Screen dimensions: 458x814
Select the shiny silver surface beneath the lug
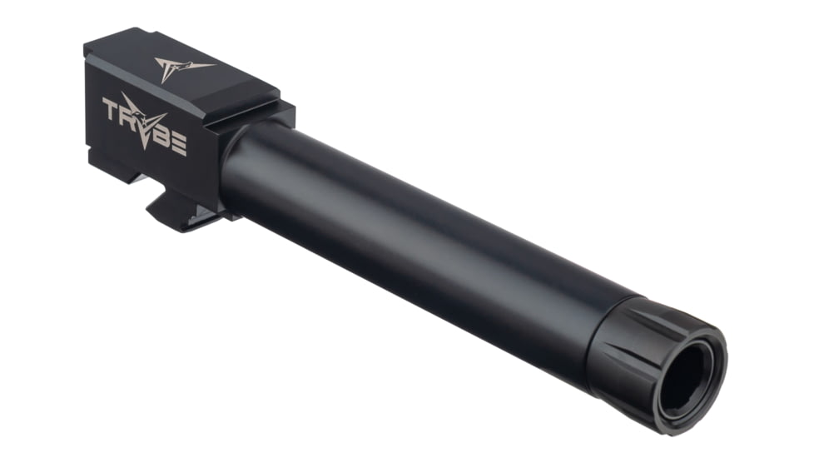(x=200, y=218)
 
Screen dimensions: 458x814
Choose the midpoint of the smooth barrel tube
(x=416, y=241)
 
